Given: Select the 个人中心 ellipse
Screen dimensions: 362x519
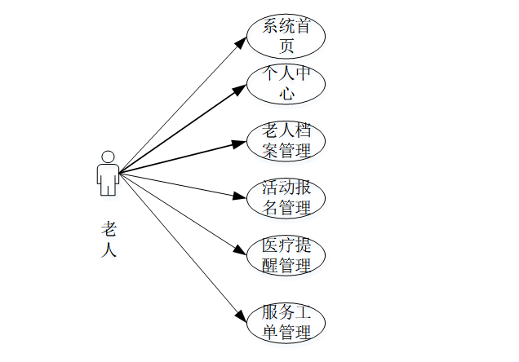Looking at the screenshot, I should coord(286,83).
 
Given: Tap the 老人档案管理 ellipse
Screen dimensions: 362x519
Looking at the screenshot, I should coord(286,140).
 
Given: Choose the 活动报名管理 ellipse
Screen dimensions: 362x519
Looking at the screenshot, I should coord(286,196).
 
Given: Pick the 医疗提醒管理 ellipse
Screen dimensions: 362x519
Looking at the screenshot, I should coord(286,254).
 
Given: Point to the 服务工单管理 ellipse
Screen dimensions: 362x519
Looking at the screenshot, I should coord(286,322).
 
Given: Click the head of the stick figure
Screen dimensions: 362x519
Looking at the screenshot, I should coord(107,156).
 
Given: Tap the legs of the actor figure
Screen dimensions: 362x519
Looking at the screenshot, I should coord(107,187).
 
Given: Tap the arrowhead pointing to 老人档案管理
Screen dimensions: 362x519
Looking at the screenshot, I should coord(239,143).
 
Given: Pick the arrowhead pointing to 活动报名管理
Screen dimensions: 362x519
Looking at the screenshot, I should coord(240,196).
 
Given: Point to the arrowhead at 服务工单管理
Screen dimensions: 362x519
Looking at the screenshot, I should coord(240,316).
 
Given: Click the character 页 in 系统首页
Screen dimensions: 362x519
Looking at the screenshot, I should coord(286,46).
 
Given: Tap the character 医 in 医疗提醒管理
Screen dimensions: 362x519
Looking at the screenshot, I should coord(271,245).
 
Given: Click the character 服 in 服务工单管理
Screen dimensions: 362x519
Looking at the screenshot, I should coord(271,312).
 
